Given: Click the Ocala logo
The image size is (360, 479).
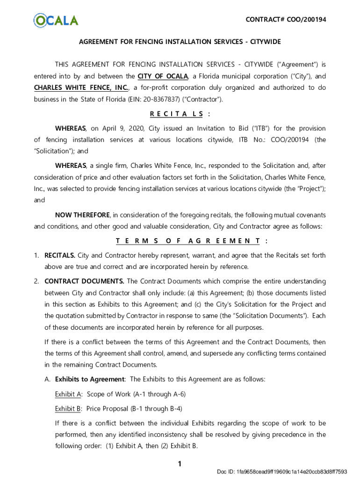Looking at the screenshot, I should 56,20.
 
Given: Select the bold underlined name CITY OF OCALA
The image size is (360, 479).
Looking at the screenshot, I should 163,76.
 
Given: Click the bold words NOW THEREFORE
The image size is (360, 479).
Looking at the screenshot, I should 82,215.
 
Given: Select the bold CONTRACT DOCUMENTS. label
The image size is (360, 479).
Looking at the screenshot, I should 84,282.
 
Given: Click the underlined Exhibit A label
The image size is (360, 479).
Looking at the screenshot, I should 68,394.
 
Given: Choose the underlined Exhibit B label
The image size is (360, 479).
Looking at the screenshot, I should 68,409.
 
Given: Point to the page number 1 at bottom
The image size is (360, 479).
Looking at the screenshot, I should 179,464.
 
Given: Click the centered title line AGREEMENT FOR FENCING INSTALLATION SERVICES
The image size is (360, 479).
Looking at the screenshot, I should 180,42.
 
